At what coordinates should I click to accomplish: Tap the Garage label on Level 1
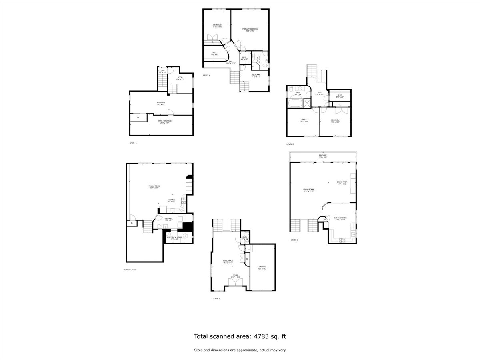[x=262, y=267]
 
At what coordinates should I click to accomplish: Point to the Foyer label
[x=236, y=275]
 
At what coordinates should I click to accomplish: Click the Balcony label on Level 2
[x=323, y=155]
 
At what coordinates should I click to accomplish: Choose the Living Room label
[x=308, y=190]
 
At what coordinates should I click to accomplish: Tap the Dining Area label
[x=342, y=182]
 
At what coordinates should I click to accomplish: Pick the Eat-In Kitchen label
[x=340, y=218]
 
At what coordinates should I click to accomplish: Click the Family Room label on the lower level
[x=154, y=186]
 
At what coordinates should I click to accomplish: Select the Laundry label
[x=169, y=218]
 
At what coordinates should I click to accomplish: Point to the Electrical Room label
[x=174, y=238]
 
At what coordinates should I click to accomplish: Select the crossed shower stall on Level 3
[x=307, y=103]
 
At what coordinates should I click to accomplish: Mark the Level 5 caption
[x=133, y=143]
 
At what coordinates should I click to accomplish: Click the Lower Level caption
[x=130, y=270]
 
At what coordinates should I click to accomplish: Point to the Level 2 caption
[x=294, y=240]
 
